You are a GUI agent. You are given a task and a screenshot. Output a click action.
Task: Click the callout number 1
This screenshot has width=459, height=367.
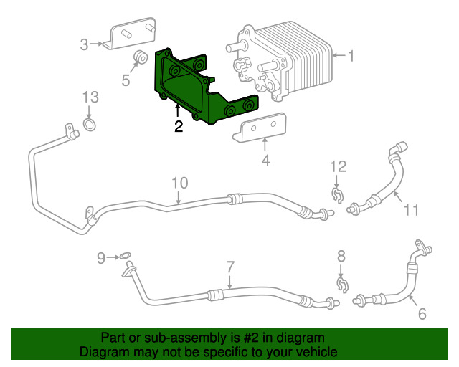[350, 56]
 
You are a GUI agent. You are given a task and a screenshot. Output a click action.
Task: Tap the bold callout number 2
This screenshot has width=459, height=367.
[179, 126]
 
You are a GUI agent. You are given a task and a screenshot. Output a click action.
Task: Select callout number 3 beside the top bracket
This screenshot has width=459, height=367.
[84, 44]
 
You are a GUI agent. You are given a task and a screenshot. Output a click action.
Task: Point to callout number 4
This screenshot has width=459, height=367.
[265, 161]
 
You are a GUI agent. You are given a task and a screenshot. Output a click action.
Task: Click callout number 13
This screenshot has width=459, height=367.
[90, 97]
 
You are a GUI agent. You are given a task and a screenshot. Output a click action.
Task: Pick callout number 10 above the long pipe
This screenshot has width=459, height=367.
[179, 183]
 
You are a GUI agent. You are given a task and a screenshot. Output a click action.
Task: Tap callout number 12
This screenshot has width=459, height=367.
[338, 166]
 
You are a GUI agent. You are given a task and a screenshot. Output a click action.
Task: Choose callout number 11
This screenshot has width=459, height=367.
[411, 210]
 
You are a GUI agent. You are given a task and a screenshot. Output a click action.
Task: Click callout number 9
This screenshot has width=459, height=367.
[101, 258]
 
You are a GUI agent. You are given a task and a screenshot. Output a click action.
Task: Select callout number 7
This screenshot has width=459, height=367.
[230, 267]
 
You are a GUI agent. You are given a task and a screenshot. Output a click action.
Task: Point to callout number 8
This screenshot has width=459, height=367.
[341, 256]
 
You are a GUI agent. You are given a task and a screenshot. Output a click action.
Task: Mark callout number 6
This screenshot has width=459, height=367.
[422, 314]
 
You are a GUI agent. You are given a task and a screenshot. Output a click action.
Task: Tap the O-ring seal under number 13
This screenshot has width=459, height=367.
[90, 125]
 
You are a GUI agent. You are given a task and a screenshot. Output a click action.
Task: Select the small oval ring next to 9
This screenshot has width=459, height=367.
[125, 256]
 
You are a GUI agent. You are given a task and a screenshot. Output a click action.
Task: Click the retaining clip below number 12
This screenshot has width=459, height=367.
[337, 196]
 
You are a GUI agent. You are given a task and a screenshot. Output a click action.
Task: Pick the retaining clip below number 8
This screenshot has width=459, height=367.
[343, 285]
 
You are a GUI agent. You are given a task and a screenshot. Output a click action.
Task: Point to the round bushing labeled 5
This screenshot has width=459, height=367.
[141, 57]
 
